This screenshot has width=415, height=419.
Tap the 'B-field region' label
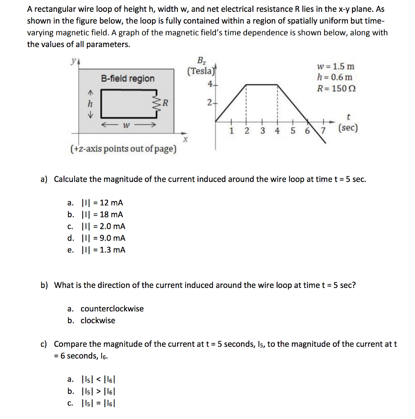coord(128,78)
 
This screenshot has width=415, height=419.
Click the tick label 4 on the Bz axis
coord(210,85)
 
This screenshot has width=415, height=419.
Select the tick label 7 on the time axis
coord(323,131)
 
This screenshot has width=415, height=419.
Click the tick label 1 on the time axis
coord(231,131)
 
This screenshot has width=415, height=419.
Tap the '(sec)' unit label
coord(348,128)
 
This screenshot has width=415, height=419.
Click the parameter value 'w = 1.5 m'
coord(336,66)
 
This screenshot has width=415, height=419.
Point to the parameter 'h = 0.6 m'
coord(334,77)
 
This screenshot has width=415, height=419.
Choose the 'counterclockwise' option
coord(112,309)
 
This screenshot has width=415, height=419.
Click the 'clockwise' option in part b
coord(98,320)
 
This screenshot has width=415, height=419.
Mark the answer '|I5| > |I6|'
coord(100,392)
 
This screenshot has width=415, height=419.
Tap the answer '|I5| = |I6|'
coord(100,403)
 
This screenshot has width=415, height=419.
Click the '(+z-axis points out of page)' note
coord(123,149)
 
